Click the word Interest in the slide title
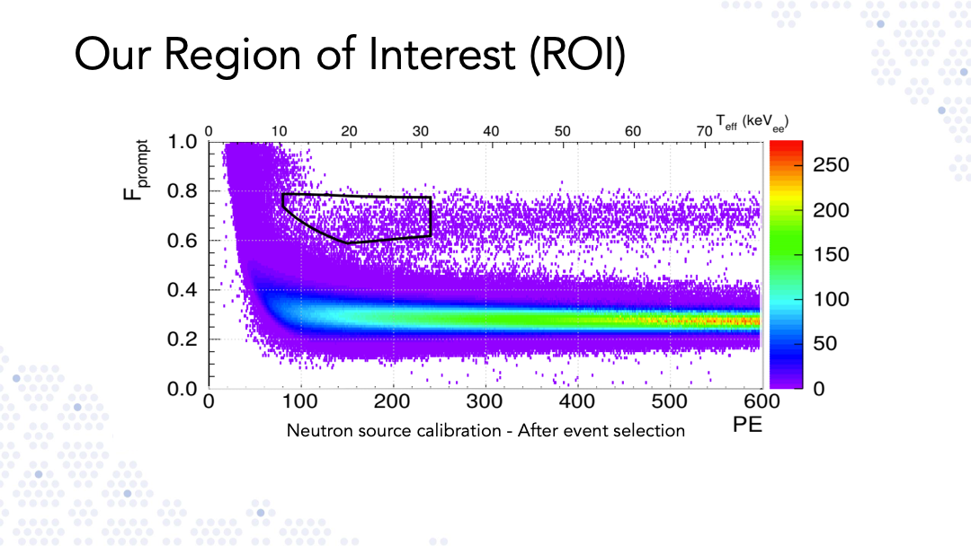tap(441, 54)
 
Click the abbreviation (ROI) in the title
tap(577, 55)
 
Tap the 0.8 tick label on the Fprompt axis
tap(182, 191)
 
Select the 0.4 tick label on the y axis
tap(182, 289)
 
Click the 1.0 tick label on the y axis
tap(182, 142)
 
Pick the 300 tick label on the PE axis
tap(484, 401)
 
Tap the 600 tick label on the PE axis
tap(762, 401)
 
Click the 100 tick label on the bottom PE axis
tap(299, 401)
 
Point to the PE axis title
tap(747, 425)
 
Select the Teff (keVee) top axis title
tap(751, 123)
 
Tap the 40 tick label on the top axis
tap(491, 131)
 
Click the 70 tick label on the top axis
tap(704, 131)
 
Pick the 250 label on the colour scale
tap(831, 165)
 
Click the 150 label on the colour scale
tap(831, 255)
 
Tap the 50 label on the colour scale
tap(824, 344)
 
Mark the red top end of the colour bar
tap(786, 144)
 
